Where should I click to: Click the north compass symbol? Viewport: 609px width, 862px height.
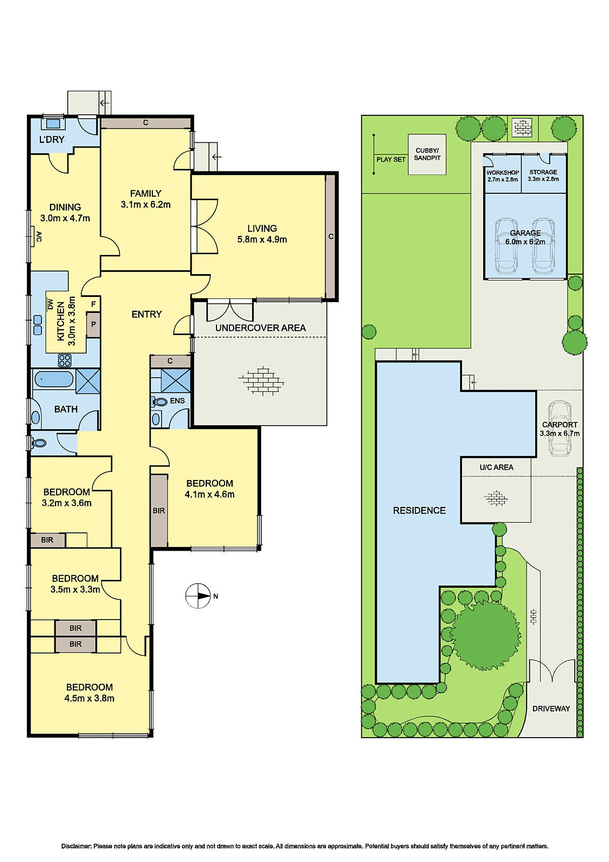pos(198,596)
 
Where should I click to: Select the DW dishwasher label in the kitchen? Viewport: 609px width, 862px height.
pos(50,304)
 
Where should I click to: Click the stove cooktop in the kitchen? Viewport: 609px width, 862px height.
pos(65,360)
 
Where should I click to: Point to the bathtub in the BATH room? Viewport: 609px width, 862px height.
pos(53,379)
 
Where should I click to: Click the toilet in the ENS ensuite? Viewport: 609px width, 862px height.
pos(160,401)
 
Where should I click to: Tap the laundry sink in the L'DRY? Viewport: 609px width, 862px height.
pos(53,123)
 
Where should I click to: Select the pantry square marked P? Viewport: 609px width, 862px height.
pos(93,325)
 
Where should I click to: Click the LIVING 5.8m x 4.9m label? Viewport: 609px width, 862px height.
pos(262,234)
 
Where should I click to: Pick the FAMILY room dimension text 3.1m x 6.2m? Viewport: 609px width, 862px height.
pos(145,205)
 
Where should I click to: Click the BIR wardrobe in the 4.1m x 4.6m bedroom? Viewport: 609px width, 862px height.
pos(158,510)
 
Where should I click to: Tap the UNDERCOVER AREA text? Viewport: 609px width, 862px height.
pos(260,328)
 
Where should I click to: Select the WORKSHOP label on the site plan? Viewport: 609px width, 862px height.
pos(502,173)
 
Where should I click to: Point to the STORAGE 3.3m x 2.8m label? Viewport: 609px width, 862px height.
pos(543,176)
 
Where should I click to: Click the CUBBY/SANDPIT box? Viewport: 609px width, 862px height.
pos(427,155)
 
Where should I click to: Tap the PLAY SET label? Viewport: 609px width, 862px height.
pos(391,159)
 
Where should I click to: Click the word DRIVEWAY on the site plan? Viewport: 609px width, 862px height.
pos(551,708)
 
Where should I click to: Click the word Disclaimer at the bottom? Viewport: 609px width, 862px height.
pos(76,846)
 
